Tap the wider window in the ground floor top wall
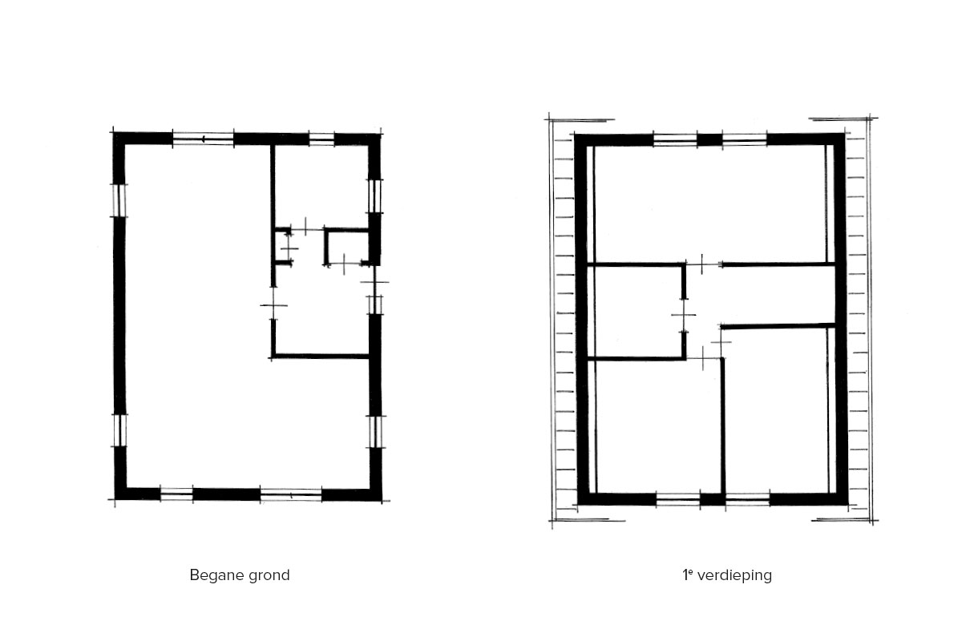[203, 139]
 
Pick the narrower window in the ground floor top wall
[321, 139]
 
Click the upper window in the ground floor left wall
[119, 200]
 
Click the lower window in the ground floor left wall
[119, 430]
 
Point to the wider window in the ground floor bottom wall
[291, 495]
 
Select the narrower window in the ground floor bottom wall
[176, 494]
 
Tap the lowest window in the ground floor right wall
[376, 432]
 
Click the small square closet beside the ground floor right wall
[347, 248]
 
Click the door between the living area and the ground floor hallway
[273, 305]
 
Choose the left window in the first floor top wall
[675, 139]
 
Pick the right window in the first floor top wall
[745, 139]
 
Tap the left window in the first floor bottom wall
[678, 499]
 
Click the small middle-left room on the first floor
[635, 312]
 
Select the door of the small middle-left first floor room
[684, 315]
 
